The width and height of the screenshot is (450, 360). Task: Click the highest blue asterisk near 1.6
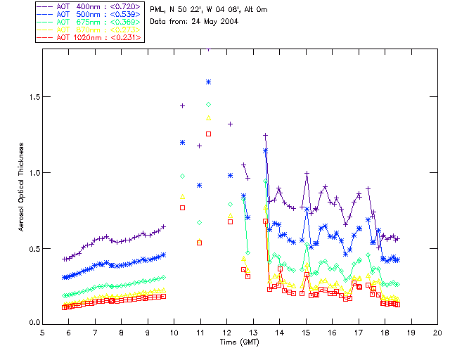point(208,82)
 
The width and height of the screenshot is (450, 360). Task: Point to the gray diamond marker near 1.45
point(208,104)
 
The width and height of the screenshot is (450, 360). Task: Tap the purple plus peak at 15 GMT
point(306,173)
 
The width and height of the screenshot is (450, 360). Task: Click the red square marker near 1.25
point(208,134)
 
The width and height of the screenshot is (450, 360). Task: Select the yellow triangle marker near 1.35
point(208,118)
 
